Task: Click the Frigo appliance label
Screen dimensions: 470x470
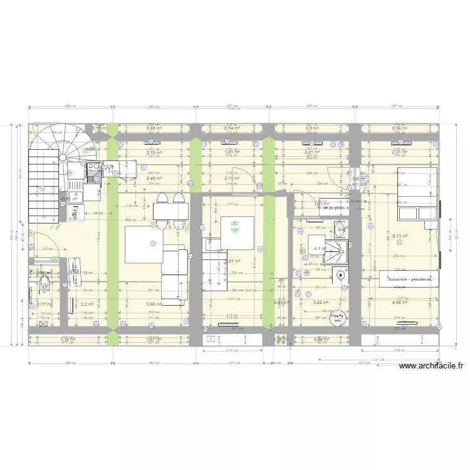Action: tap(73, 211)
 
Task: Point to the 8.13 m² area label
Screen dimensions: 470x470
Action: tap(400, 236)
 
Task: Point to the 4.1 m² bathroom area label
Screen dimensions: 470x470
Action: tap(318, 249)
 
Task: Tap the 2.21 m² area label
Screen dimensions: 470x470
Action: tap(312, 152)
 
